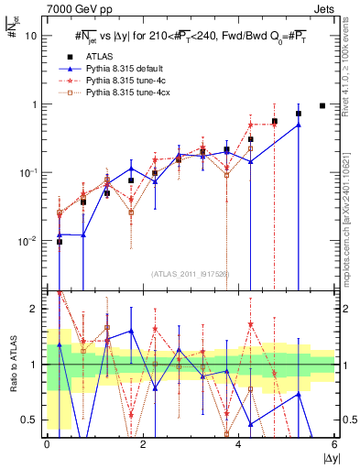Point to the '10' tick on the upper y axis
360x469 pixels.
(31, 37)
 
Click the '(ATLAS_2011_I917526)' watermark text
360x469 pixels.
(191, 274)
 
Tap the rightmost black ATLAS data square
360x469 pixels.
(322, 105)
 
